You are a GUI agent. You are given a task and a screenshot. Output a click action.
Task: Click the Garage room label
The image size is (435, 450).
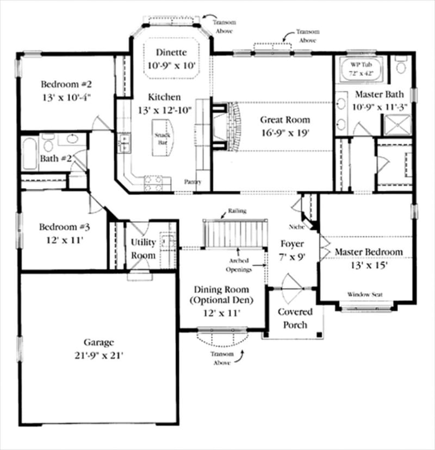[x=98, y=343]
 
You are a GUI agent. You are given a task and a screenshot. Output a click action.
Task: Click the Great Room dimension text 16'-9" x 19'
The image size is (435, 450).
[x=284, y=133]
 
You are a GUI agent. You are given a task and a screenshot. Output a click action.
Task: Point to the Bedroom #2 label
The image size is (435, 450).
[x=66, y=85]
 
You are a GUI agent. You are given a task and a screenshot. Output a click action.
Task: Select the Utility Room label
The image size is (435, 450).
[x=144, y=249]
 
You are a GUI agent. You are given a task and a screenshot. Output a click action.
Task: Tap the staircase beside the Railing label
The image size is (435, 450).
[x=235, y=232]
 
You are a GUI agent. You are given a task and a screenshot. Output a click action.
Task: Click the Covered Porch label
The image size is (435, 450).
[x=295, y=318]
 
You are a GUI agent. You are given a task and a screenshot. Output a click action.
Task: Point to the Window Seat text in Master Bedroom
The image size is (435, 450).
[x=365, y=294]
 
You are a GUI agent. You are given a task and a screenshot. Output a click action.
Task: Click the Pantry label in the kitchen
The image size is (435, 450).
[x=192, y=182]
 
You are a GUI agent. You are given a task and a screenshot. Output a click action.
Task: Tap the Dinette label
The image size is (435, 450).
[x=171, y=53]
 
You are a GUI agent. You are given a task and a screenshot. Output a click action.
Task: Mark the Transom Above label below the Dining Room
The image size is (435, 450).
[x=222, y=357]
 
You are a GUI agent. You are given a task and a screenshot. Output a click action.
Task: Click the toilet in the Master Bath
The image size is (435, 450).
[x=401, y=67]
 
